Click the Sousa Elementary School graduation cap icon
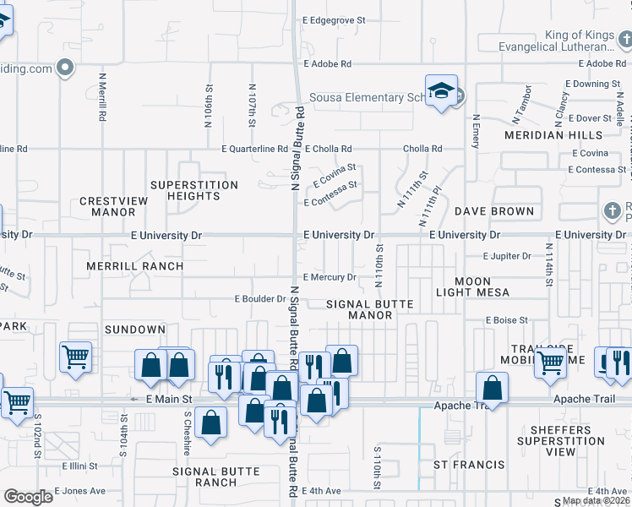(x=440, y=94)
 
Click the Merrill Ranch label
(x=134, y=266)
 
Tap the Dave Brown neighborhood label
(x=494, y=211)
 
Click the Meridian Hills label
(x=553, y=135)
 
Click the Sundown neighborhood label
(x=135, y=329)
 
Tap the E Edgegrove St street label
(x=334, y=19)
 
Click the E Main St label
(x=169, y=399)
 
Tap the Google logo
(x=28, y=497)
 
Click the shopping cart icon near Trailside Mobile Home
(x=551, y=363)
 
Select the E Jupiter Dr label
(x=507, y=256)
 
